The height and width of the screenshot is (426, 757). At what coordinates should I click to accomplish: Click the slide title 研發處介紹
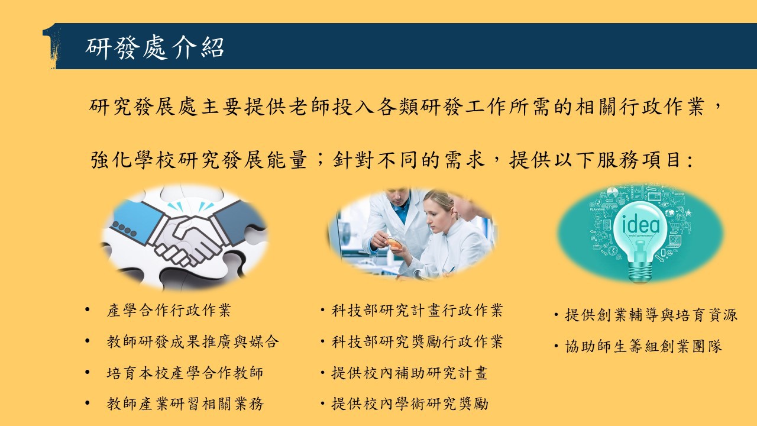tap(154, 47)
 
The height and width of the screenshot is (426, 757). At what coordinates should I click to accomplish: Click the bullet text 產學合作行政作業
tap(169, 310)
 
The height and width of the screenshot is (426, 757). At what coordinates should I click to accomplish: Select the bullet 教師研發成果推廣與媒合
tap(193, 341)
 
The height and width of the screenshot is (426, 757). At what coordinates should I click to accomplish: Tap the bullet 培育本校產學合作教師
tap(185, 373)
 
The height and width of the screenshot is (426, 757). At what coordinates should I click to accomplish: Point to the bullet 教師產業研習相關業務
tap(185, 404)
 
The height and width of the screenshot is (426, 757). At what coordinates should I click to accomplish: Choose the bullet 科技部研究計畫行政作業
tap(417, 310)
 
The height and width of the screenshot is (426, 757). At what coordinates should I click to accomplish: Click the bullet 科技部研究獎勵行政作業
tap(417, 341)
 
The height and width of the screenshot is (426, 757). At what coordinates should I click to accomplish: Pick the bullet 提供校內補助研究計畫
tap(409, 373)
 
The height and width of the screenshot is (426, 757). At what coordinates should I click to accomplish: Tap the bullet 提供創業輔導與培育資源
tap(651, 315)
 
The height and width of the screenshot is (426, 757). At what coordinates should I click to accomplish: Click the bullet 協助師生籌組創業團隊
tap(643, 346)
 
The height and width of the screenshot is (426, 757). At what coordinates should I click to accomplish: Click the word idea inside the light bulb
tap(640, 224)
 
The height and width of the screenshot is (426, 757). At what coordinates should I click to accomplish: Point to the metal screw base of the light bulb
tap(639, 272)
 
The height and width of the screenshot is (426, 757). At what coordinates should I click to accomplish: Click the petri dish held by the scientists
tap(394, 243)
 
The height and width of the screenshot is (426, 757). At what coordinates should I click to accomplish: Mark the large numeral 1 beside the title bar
tap(51, 46)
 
